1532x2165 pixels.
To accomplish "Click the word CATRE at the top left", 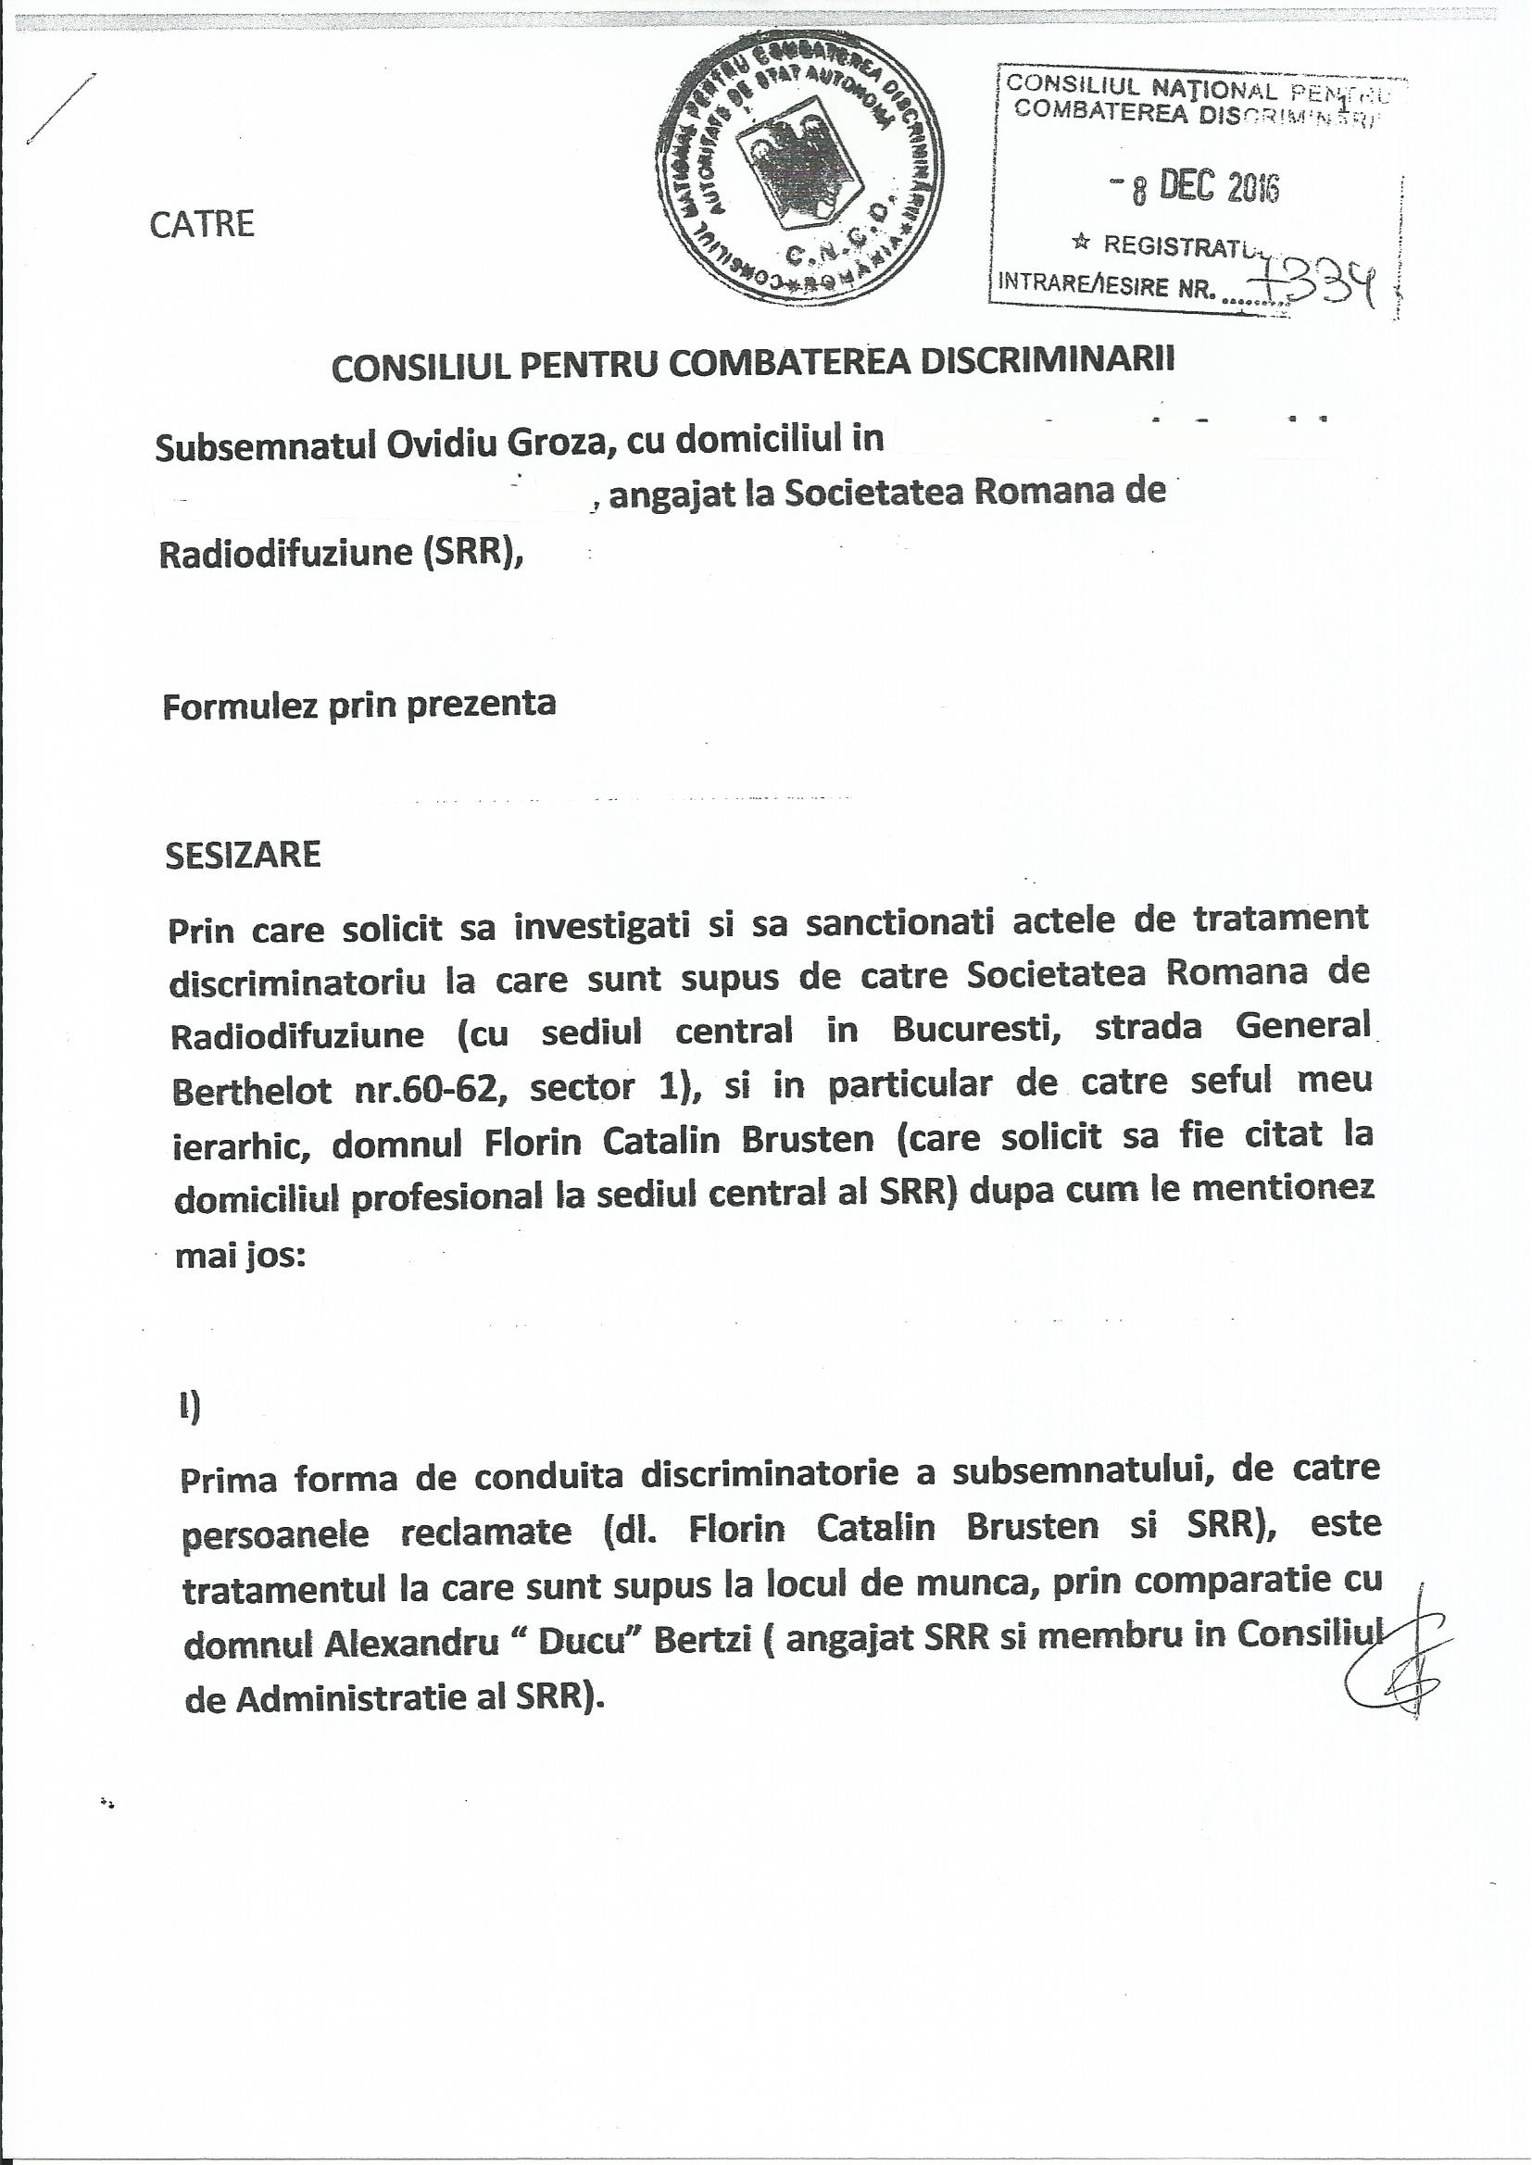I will coord(202,225).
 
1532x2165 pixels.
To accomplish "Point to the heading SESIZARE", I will coord(243,856).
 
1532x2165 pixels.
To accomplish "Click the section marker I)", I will coord(190,1410).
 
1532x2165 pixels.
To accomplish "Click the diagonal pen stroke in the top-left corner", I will coord(60,108).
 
